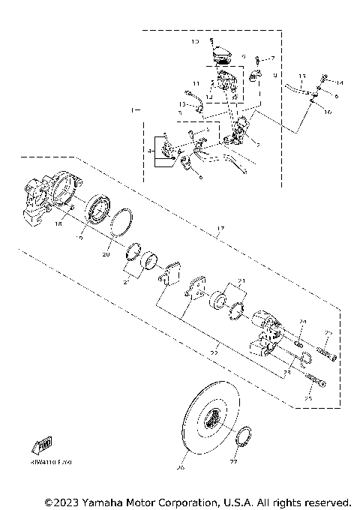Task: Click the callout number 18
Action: click(x=57, y=223)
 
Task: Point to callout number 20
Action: click(x=106, y=255)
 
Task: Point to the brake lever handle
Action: click(x=225, y=160)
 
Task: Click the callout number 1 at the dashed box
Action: click(x=133, y=111)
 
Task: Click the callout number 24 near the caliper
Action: click(x=301, y=322)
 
